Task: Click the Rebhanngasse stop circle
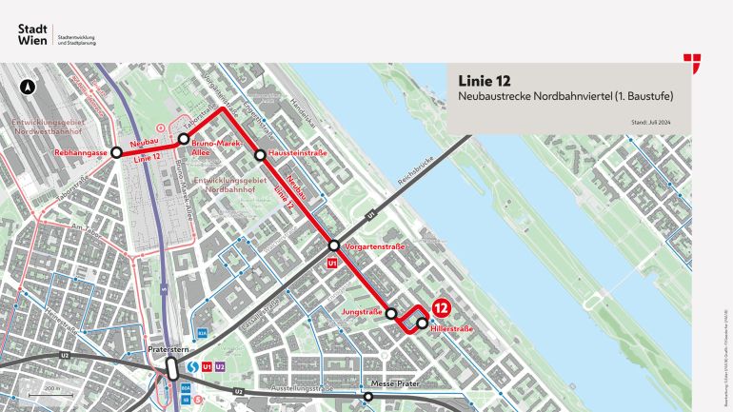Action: (116, 152)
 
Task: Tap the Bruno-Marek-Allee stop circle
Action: (184, 139)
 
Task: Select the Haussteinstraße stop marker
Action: (259, 154)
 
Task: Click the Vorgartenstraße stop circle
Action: (335, 245)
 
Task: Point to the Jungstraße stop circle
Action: (391, 312)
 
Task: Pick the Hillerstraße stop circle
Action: (422, 323)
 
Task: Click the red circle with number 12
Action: (441, 308)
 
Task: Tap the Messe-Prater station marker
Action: (368, 397)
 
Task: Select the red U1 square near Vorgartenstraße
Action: (332, 264)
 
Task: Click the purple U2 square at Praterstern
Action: (220, 365)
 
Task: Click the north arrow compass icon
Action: (29, 87)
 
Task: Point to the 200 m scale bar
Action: (44, 392)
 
